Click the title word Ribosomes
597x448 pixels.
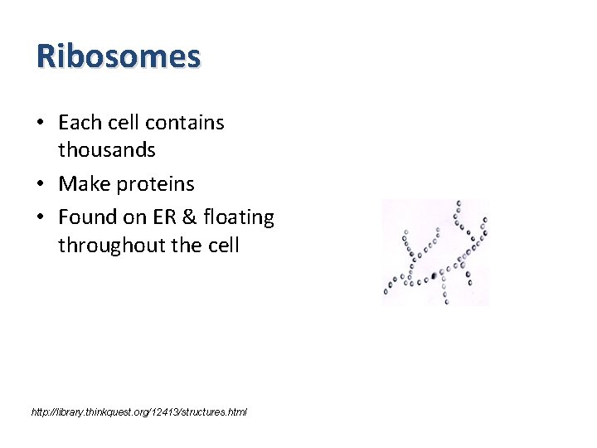119,56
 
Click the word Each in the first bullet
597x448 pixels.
79,123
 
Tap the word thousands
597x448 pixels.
107,150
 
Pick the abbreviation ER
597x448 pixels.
162,217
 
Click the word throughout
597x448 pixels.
110,246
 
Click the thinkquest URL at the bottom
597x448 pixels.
138,411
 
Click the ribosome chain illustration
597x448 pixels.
435,252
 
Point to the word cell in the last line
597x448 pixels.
224,246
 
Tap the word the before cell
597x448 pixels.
189,246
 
